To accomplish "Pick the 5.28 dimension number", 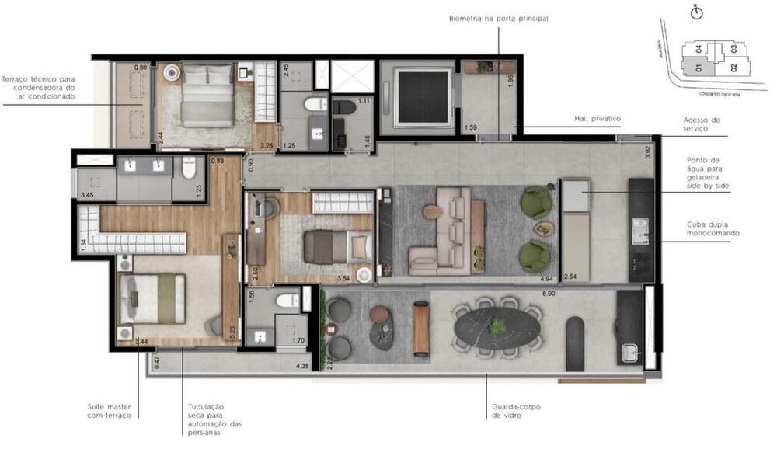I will [x=232, y=331].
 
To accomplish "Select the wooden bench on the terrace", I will [x=421, y=329].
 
